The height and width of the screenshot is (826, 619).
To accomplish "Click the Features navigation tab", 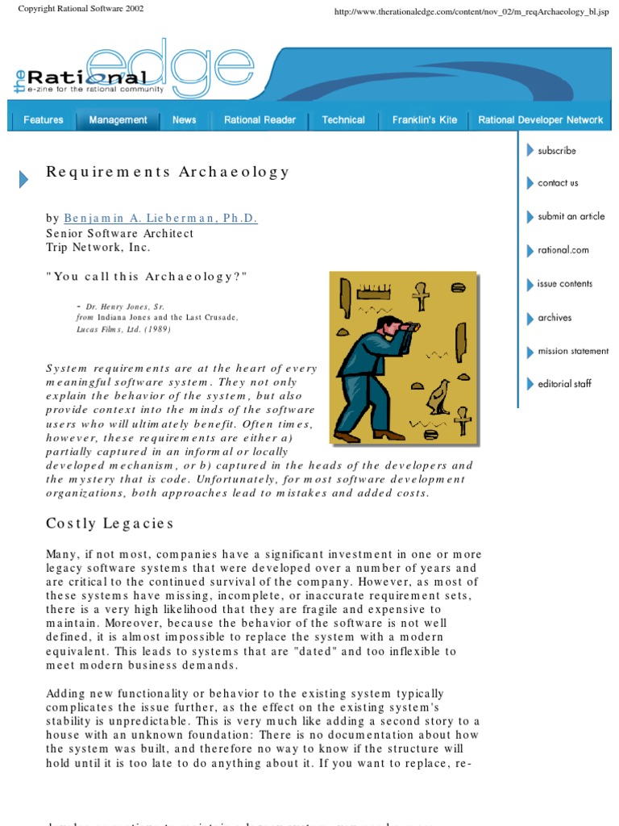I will coord(44,120).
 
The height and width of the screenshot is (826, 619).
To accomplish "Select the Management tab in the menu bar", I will coord(118,120).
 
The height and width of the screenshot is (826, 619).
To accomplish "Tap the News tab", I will coord(184,120).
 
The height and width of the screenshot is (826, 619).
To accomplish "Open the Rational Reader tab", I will coord(260,120).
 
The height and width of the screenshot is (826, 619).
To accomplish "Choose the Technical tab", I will coord(343,120).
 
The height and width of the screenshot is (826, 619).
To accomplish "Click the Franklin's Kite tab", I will coord(424,120).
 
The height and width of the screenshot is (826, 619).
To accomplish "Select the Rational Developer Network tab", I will coord(540,120).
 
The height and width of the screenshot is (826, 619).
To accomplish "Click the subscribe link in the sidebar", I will coord(556,150).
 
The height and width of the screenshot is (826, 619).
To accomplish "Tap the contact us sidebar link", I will coord(558,183).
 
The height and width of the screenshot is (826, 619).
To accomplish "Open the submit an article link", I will coord(571,216).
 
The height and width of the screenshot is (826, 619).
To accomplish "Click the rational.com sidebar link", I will coord(563,250).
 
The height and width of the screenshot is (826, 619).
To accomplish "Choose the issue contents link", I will coord(564,284).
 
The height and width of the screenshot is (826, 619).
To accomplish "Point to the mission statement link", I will coord(572,352).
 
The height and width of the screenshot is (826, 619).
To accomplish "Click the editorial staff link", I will coord(564,384).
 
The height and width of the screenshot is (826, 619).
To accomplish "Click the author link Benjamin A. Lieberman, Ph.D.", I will coord(160,219).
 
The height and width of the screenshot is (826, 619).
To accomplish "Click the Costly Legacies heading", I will coord(110,524).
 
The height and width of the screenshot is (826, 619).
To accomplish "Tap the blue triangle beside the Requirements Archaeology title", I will coord(23,180).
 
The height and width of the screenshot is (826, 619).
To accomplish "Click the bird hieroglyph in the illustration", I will coord(438,398).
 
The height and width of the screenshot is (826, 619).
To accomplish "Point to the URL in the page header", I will coord(471,13).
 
